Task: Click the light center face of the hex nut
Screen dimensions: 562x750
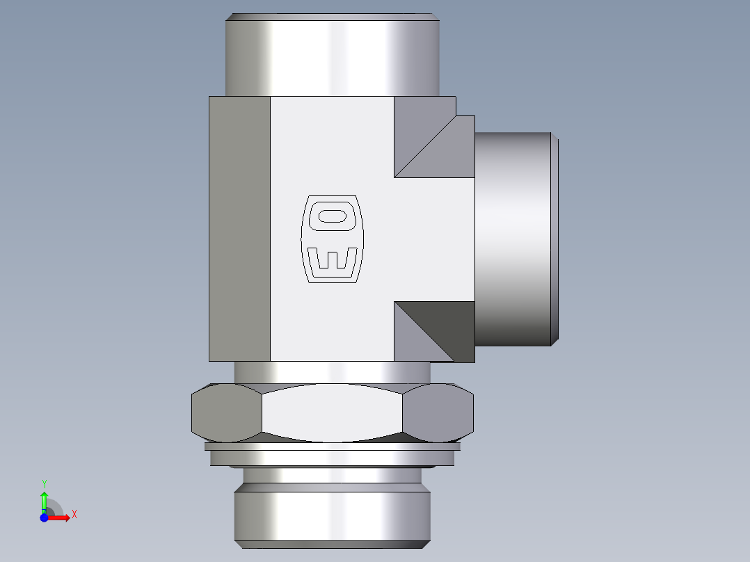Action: pos(332,413)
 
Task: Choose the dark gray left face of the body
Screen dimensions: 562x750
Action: pos(239,228)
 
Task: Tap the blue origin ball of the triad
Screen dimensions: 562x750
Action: pos(44,517)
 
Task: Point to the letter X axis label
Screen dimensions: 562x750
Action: pos(74,515)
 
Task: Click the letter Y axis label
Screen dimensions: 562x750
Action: pos(44,483)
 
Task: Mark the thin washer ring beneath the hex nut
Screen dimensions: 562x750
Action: pos(332,447)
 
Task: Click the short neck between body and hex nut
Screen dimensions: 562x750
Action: pos(332,372)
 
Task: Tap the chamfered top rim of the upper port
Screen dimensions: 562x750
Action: pos(332,17)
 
